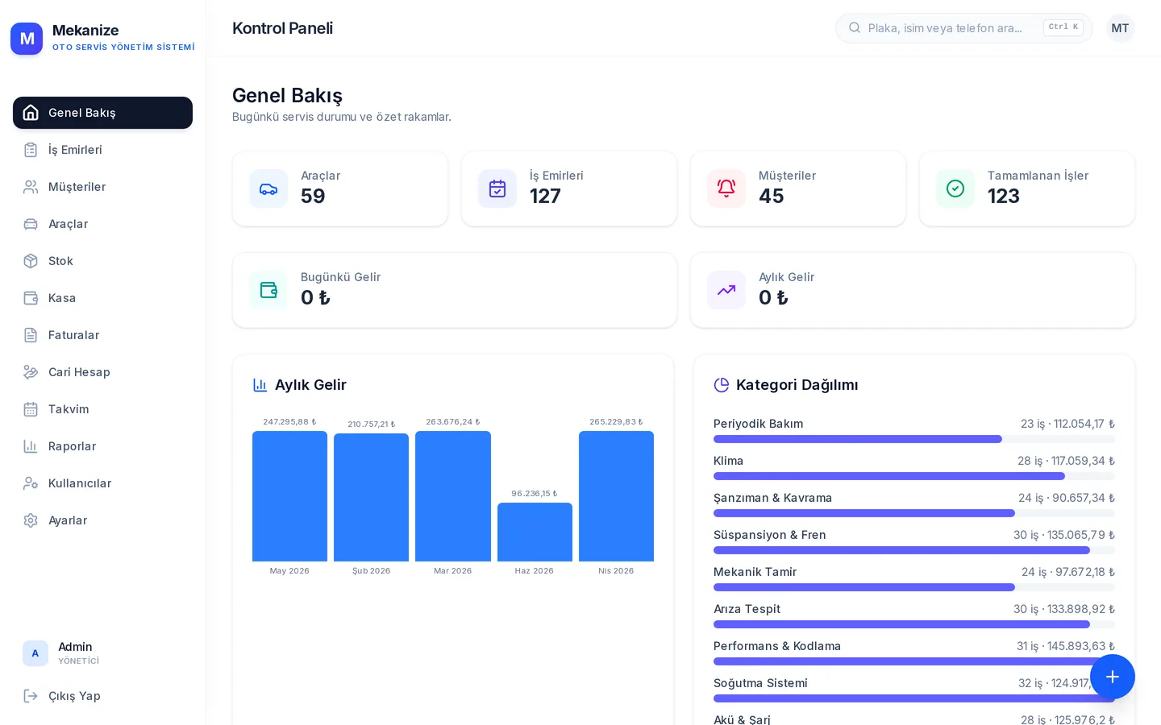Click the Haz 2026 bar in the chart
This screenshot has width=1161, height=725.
point(535,532)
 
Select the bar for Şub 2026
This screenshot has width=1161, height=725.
point(371,497)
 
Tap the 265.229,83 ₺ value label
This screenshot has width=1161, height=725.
point(616,421)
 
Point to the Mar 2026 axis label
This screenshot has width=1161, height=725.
point(452,570)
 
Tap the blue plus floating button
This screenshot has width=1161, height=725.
point(1113,677)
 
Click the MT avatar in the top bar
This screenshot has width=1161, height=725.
point(1120,28)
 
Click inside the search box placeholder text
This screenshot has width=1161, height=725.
point(945,28)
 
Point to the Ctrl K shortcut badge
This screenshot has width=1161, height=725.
point(1063,27)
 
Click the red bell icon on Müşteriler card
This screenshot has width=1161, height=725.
point(726,188)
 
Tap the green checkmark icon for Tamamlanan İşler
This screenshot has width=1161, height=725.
point(955,188)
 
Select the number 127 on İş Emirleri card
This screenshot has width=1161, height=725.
point(545,197)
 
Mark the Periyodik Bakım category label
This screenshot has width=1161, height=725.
point(758,424)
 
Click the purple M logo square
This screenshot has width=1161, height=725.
point(27,39)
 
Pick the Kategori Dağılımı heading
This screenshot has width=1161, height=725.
point(797,385)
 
